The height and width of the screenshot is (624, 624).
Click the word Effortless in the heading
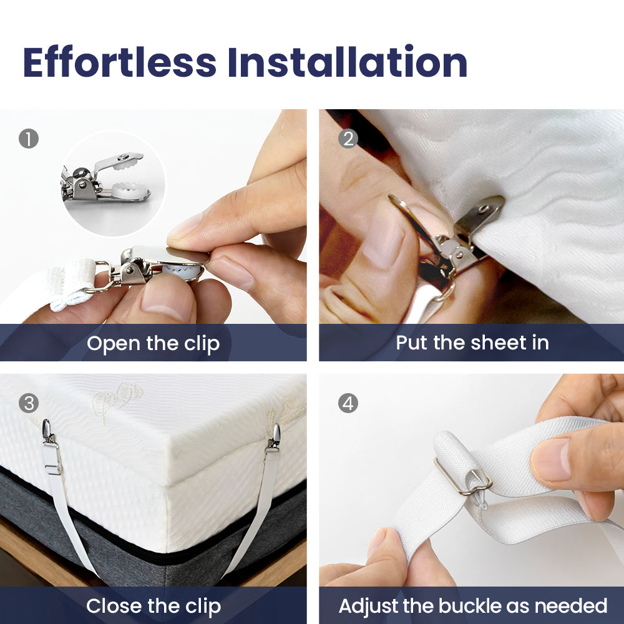click(x=120, y=62)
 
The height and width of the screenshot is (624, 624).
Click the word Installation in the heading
click(x=348, y=62)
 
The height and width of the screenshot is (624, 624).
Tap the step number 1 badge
click(x=29, y=139)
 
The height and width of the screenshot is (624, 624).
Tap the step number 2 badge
click(x=348, y=139)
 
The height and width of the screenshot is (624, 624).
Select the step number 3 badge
click(x=29, y=403)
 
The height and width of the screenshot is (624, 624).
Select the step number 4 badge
click(x=348, y=403)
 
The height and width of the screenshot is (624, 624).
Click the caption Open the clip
click(x=154, y=344)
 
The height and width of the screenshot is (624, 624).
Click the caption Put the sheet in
click(x=472, y=343)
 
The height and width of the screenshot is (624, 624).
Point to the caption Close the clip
click(x=154, y=607)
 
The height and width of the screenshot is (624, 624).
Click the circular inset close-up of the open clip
click(x=114, y=183)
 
